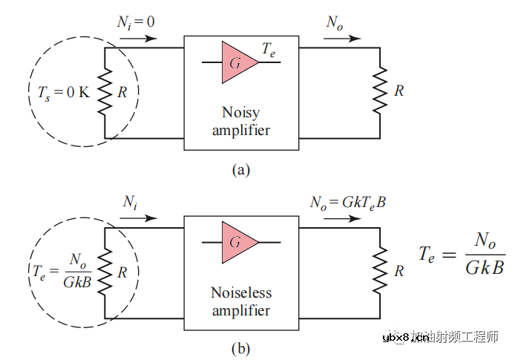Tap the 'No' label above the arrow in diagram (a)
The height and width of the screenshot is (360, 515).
pyautogui.click(x=335, y=22)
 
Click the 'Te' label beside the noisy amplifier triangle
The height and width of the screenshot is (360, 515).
pyautogui.click(x=270, y=50)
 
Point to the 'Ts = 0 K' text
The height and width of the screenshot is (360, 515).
pyautogui.click(x=64, y=94)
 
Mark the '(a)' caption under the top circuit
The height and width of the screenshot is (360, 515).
pyautogui.click(x=241, y=169)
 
